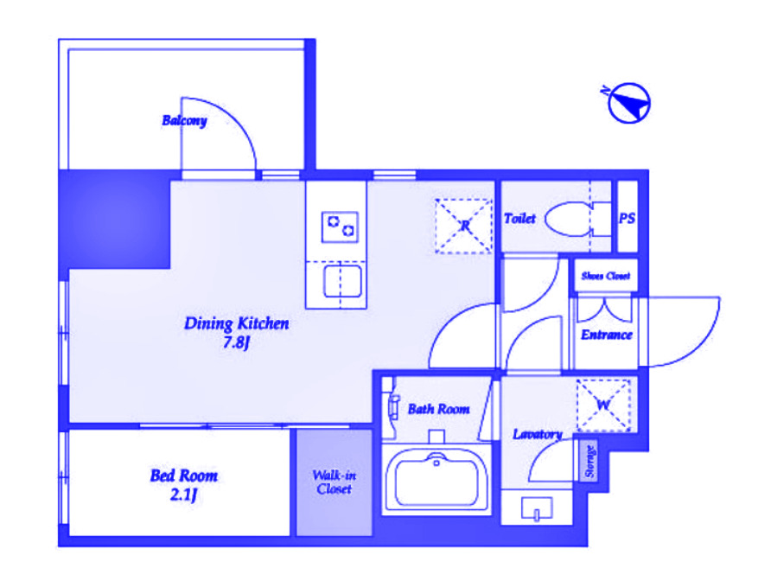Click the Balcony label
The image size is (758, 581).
click(x=184, y=120)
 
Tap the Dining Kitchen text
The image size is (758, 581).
click(x=237, y=323)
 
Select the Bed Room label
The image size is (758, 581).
click(x=184, y=476)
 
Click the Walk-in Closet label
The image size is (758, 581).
click(x=334, y=482)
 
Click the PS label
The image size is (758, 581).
click(x=627, y=219)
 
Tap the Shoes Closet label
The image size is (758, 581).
click(x=606, y=276)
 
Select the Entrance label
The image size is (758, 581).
click(x=607, y=335)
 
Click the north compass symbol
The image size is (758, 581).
click(x=628, y=103)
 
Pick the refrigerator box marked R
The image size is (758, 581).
click(x=463, y=226)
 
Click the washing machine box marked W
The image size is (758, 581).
click(x=604, y=405)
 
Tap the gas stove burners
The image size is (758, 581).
click(x=340, y=227)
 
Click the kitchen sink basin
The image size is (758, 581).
click(x=342, y=281)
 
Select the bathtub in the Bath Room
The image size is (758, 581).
click(x=436, y=478)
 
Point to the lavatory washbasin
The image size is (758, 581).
click(x=537, y=508)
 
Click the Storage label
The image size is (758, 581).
click(x=589, y=461)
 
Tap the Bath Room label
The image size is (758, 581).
click(x=438, y=409)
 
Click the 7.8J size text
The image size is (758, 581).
click(x=236, y=342)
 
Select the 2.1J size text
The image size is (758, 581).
click(x=184, y=495)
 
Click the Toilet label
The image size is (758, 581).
click(x=519, y=219)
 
